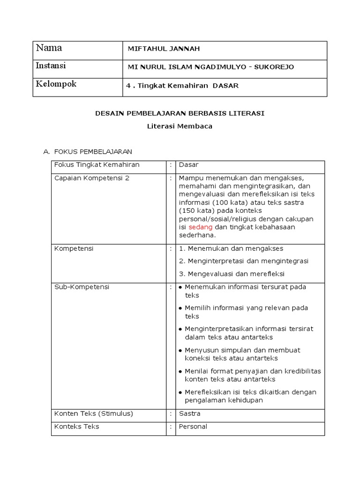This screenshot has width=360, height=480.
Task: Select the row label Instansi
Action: click(51, 66)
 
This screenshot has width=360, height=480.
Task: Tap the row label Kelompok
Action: click(56, 84)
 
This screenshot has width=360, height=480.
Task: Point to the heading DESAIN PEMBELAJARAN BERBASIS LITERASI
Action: click(180, 113)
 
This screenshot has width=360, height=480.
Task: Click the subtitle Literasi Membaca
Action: click(180, 126)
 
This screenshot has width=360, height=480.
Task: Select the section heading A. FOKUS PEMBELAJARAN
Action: click(88, 151)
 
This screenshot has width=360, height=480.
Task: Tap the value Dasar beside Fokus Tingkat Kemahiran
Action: click(188, 165)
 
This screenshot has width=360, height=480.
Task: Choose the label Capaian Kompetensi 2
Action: click(92, 178)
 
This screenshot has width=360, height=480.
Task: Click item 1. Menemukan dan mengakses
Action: click(231, 248)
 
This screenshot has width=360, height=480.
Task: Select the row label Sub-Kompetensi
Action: click(82, 287)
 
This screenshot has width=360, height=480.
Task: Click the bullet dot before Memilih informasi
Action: click(180, 308)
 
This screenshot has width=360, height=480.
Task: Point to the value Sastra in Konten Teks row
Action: click(189, 413)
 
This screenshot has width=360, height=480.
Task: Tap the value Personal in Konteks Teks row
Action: click(193, 427)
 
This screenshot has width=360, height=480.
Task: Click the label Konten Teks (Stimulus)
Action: click(94, 413)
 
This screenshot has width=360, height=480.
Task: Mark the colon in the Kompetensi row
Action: click(171, 248)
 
